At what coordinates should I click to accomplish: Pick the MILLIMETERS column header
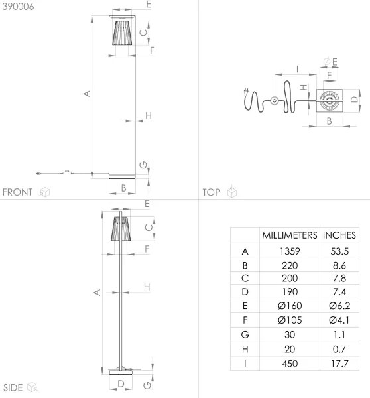tap(288, 235)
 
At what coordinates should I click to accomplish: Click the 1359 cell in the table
tap(288, 251)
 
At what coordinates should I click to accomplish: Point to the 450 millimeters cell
tap(288, 364)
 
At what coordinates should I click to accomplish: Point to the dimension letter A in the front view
tap(86, 94)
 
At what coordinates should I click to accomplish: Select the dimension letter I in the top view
tap(298, 68)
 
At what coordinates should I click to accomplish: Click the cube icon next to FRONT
tap(45, 192)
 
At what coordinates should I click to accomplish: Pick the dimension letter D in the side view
tap(121, 383)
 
